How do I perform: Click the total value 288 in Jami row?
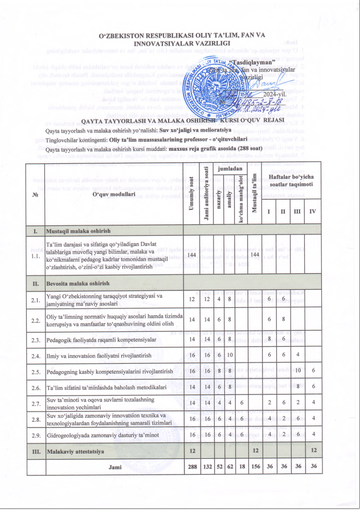[191, 466]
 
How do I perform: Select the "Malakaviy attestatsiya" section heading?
[73, 450]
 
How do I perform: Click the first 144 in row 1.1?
[191, 255]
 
